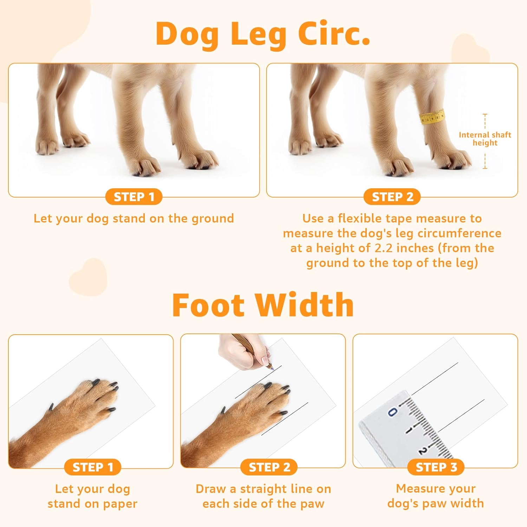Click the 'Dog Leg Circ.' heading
tap(263, 34)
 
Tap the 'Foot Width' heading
tap(263, 305)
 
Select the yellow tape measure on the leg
tap(432, 117)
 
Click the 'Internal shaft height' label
tap(485, 139)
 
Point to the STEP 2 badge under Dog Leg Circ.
tap(392, 197)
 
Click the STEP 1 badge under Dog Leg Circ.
tap(134, 197)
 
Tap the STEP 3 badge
tap(436, 467)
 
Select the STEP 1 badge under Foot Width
tap(93, 467)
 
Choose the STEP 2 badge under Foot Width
tap(269, 467)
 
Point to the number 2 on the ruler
tap(423, 451)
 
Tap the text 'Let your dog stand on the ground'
tap(134, 219)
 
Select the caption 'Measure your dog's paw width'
tap(436, 496)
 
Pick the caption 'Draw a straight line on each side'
tap(263, 496)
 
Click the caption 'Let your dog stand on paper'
tap(93, 496)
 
